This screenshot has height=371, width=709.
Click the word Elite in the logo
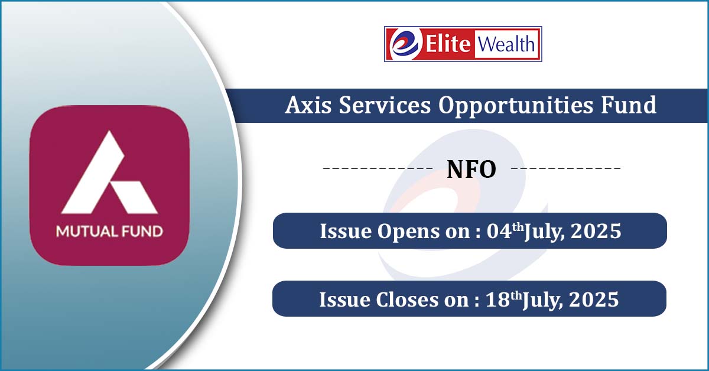[448, 44]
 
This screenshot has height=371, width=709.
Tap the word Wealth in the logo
[506, 44]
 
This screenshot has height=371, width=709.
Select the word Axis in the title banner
[308, 105]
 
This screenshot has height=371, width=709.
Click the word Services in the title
[385, 105]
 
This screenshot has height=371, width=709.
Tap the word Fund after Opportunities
[629, 105]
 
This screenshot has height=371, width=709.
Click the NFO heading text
[471, 170]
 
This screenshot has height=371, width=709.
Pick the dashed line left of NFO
[378, 168]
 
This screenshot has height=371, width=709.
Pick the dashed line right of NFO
[566, 168]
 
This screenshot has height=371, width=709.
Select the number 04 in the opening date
[499, 231]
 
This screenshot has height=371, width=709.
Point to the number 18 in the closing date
[497, 300]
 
